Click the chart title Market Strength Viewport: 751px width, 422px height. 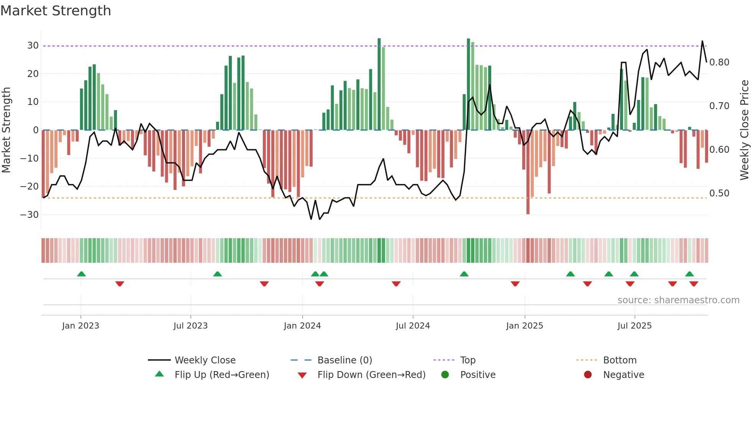56,11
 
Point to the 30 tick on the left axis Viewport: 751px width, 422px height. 33,46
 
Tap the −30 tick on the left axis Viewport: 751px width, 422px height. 30,215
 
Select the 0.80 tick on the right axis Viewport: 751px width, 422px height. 719,62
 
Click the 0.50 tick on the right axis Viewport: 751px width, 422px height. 719,193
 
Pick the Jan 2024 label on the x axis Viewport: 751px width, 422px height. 302,326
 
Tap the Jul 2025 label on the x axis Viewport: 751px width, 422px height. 634,326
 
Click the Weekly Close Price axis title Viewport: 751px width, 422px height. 744,130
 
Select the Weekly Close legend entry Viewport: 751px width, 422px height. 205,360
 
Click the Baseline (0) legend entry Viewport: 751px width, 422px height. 344,360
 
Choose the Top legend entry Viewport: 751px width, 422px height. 467,360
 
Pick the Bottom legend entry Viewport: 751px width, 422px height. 620,360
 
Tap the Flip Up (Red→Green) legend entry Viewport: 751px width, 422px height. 221,375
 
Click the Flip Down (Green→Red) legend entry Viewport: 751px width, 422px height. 371,375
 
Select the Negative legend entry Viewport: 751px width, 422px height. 623,375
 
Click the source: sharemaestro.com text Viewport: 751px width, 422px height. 678,300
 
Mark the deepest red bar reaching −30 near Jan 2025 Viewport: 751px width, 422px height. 528,172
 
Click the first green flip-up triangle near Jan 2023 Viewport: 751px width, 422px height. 81,274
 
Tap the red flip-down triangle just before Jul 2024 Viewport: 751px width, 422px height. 396,284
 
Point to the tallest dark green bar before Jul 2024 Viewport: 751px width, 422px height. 379,84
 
